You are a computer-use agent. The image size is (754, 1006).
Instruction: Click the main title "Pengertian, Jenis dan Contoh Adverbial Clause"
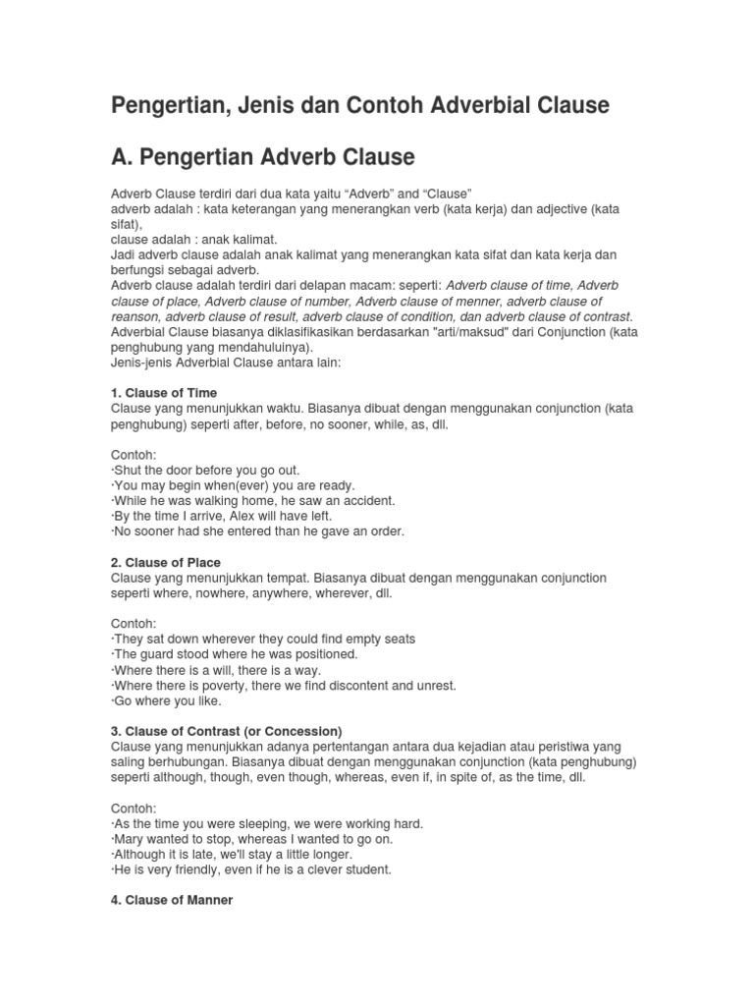click(360, 104)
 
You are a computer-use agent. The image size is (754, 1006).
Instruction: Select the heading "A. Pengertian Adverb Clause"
click(263, 156)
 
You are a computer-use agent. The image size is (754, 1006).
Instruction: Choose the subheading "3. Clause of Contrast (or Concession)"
click(227, 731)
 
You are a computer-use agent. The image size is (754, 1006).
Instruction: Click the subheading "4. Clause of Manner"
click(172, 900)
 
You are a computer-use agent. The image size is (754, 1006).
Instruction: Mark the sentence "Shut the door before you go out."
click(206, 470)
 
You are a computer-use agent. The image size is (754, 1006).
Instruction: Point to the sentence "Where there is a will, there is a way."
click(217, 670)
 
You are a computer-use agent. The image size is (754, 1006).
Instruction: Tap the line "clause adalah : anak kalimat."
click(194, 239)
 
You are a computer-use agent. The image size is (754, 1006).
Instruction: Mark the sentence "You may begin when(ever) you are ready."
click(235, 485)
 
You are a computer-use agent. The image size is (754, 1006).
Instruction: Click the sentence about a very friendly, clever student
click(253, 869)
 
